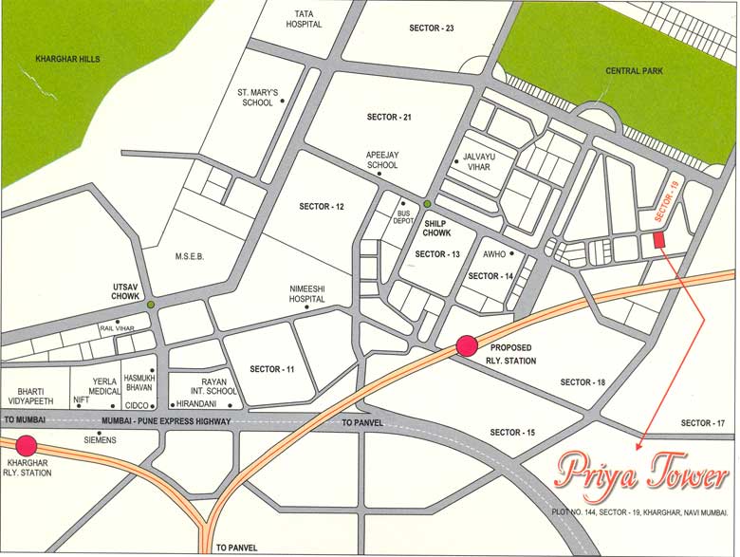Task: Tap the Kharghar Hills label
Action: pos(67,59)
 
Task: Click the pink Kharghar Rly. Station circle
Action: pos(26,445)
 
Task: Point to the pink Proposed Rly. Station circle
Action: pos(467,346)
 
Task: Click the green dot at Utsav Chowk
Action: pos(152,304)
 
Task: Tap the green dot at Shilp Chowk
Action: pos(428,204)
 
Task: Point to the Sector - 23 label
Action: pos(433,28)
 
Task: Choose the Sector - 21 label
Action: pos(389,117)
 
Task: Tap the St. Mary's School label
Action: pos(258,98)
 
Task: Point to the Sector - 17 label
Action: pos(703,423)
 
